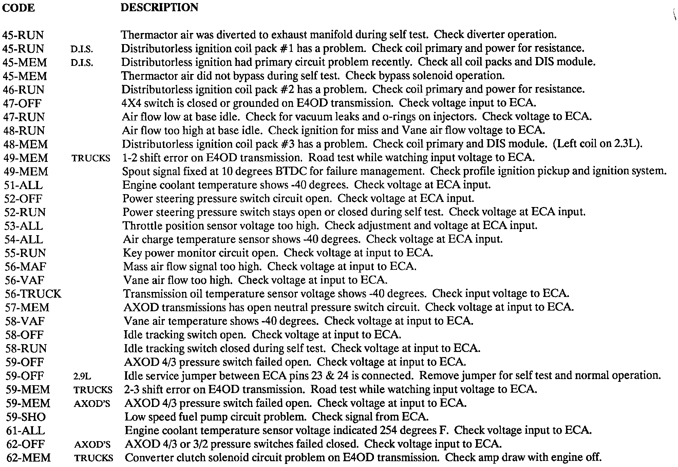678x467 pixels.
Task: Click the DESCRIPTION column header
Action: click(159, 7)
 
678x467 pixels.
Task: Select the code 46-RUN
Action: click(23, 90)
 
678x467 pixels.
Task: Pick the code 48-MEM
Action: click(25, 144)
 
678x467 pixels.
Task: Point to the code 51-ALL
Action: click(23, 185)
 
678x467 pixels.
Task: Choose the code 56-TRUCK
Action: click(33, 294)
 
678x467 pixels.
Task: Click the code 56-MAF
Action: click(25, 267)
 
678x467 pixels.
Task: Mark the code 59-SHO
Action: click(26, 417)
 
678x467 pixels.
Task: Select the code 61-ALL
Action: click(25, 431)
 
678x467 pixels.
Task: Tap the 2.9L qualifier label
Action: click(82, 376)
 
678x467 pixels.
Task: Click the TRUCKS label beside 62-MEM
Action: click(94, 458)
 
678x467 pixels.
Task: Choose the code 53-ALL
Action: click(24, 226)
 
